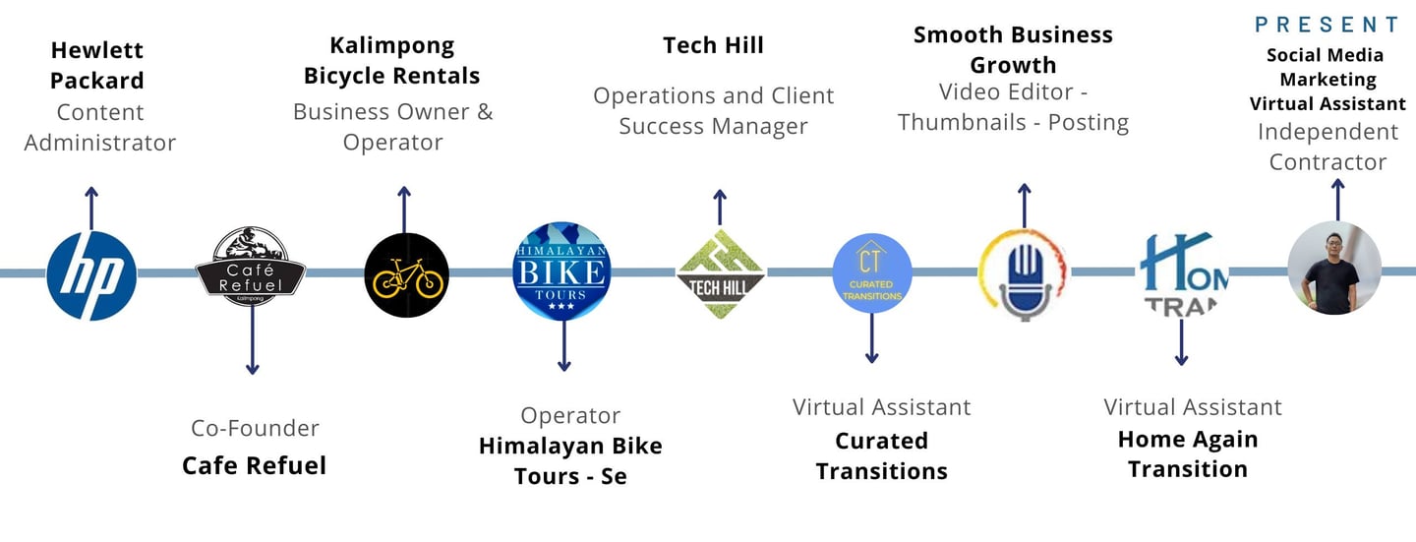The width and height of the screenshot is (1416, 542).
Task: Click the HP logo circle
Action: pyautogui.click(x=91, y=275)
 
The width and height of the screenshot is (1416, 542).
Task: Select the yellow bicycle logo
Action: pyautogui.click(x=406, y=275)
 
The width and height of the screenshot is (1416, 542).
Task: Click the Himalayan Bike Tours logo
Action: pyautogui.click(x=561, y=271)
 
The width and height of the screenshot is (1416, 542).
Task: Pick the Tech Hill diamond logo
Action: pyautogui.click(x=721, y=272)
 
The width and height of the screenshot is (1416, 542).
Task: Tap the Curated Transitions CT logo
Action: pyautogui.click(x=871, y=273)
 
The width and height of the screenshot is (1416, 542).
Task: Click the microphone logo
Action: pyautogui.click(x=1024, y=274)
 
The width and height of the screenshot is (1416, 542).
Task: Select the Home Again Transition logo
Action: pyautogui.click(x=1183, y=274)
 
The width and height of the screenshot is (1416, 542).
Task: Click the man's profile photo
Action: pyautogui.click(x=1334, y=269)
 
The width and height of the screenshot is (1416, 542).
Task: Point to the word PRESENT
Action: pyautogui.click(x=1327, y=25)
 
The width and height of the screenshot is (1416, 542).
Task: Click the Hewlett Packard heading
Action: pyautogui.click(x=97, y=65)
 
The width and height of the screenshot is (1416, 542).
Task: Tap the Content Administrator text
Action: pyautogui.click(x=100, y=128)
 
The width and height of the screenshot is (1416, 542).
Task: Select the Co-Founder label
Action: pyautogui.click(x=255, y=428)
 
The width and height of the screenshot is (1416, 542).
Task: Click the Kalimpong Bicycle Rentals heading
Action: pyautogui.click(x=392, y=61)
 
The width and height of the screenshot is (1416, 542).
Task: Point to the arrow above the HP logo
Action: pyautogui.click(x=91, y=207)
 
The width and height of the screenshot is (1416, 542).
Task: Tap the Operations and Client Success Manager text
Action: pyautogui.click(x=714, y=111)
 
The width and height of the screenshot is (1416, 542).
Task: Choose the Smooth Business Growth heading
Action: pyautogui.click(x=1013, y=50)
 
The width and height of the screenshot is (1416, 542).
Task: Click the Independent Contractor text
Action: pyautogui.click(x=1327, y=147)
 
